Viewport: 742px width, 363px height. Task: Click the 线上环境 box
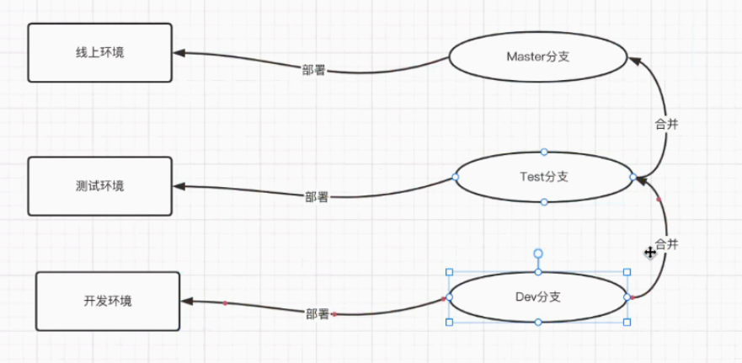[99, 52]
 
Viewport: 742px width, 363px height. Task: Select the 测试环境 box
[99, 185]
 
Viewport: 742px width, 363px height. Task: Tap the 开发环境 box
[108, 301]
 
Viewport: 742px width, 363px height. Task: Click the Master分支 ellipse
[538, 56]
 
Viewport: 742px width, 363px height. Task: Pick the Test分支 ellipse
[543, 177]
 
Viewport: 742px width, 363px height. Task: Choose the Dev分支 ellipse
[538, 296]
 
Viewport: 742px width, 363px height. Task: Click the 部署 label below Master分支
[314, 71]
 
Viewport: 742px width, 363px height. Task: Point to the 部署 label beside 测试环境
[317, 197]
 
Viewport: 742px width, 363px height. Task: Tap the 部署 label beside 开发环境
[318, 313]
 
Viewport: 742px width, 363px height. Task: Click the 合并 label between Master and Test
[666, 123]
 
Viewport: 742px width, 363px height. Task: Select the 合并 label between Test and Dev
[666, 244]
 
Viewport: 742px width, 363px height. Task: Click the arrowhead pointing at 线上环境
[180, 53]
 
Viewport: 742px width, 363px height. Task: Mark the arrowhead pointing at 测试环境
[180, 187]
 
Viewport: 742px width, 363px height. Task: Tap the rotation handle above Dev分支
[538, 253]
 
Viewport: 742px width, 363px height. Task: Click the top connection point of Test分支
[544, 152]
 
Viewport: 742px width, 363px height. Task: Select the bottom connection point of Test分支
[544, 202]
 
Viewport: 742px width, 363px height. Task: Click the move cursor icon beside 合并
[650, 252]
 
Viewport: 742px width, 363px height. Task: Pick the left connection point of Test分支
[455, 177]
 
